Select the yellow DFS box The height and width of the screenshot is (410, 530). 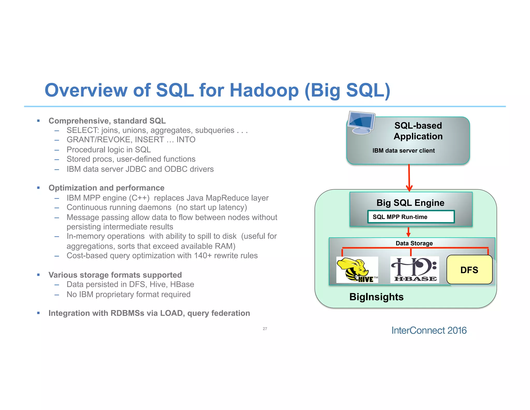pyautogui.click(x=469, y=270)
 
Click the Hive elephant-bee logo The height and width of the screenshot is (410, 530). pyautogui.click(x=357, y=270)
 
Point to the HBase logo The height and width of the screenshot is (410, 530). pyautogui.click(x=415, y=270)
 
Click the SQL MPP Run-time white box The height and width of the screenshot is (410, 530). pyautogui.click(x=411, y=217)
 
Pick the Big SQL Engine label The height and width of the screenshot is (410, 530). pyautogui.click(x=410, y=203)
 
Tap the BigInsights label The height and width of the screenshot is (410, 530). pyautogui.click(x=376, y=297)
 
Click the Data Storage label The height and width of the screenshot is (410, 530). pyautogui.click(x=414, y=243)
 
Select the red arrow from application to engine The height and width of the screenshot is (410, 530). pyautogui.click(x=409, y=178)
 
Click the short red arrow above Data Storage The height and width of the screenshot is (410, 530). pyautogui.click(x=408, y=232)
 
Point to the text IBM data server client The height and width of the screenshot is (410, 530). pyautogui.click(x=403, y=151)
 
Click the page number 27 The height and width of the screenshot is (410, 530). pyautogui.click(x=265, y=329)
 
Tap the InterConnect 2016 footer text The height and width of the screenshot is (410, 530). pyautogui.click(x=429, y=330)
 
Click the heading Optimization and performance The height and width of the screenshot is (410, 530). pyautogui.click(x=106, y=188)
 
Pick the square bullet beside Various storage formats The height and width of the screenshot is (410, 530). pyautogui.click(x=38, y=275)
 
